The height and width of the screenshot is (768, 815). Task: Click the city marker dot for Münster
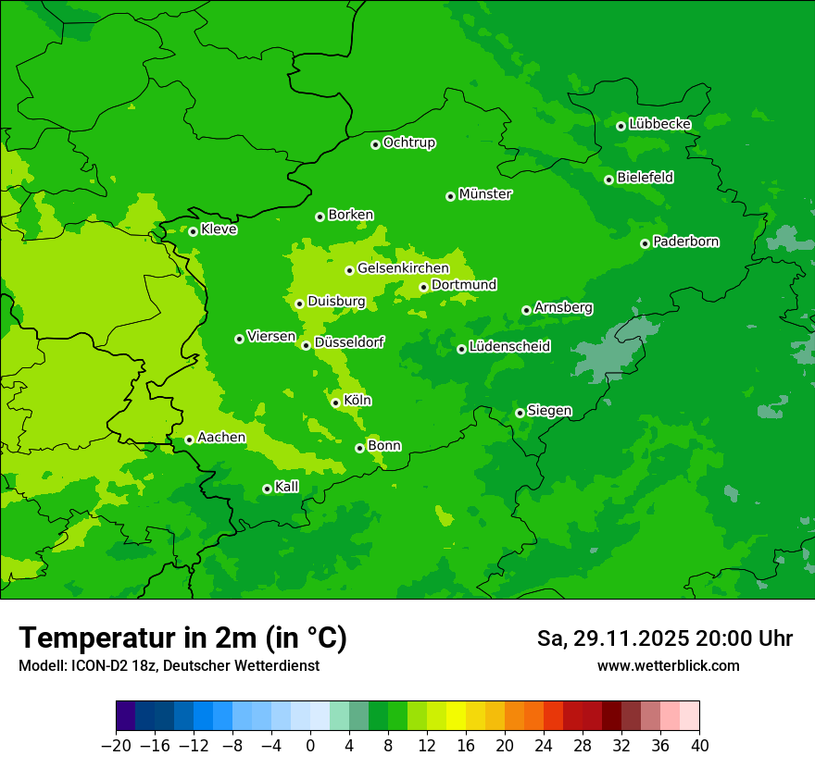pos(450,196)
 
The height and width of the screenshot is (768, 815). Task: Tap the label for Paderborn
pos(685,242)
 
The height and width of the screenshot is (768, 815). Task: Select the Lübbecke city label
pos(659,124)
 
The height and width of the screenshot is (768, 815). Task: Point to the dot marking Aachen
pos(189,440)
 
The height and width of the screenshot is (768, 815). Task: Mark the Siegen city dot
pos(520,413)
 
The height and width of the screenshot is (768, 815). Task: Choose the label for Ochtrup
pos(408,142)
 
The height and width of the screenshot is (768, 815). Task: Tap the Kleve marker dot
pos(193,231)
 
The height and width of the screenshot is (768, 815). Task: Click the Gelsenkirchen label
pos(402,268)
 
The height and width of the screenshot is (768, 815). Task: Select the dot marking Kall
pos(267,489)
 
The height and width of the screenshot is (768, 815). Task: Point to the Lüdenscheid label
pos(509,347)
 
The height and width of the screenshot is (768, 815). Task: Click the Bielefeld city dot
pos(608,180)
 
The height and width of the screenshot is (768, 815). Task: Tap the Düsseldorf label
pos(348,342)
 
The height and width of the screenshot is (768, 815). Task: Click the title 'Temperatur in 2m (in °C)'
pos(182,638)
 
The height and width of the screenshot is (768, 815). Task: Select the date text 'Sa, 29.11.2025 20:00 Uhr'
pos(664,638)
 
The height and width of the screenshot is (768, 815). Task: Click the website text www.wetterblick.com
pos(668,665)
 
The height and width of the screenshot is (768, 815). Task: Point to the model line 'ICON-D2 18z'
pos(169,665)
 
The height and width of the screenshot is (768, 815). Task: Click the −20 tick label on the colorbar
pos(116,746)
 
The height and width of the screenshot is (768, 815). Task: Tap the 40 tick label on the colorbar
pos(699,746)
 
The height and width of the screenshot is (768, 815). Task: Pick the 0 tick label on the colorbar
pos(310,746)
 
